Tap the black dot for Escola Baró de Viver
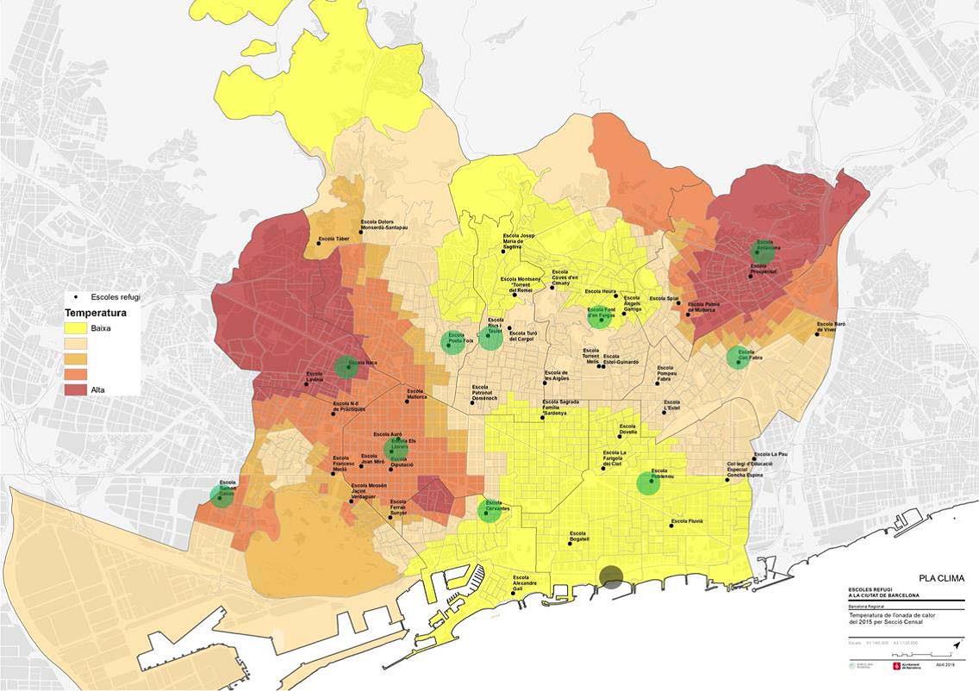tap(817, 333)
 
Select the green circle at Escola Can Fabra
tap(738, 357)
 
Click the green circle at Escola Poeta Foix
tap(452, 342)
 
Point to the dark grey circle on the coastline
tap(612, 577)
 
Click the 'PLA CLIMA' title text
tap(942, 578)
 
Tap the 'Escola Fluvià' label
tap(688, 521)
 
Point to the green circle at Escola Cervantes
tap(490, 510)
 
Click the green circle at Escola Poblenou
tap(648, 483)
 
